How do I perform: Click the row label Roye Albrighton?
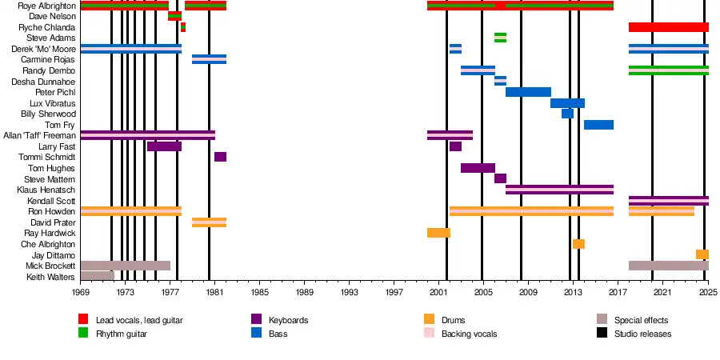pos(46,6)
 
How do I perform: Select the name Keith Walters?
pos(50,277)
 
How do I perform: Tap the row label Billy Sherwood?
pos(49,114)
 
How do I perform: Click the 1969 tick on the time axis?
pos(81,294)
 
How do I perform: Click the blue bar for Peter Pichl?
pos(528,92)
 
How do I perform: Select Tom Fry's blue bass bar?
pos(598,125)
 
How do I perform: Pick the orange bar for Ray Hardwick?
pos(438,233)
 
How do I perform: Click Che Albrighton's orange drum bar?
pos(578,244)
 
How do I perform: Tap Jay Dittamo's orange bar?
pos(702,254)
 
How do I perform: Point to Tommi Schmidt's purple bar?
pos(220,157)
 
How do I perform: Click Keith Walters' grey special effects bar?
pos(97,276)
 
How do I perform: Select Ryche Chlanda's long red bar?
pos(668,27)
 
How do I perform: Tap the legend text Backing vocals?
pos(469,334)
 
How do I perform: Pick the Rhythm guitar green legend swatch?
pos(83,334)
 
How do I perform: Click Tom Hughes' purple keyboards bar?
pos(478,168)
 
